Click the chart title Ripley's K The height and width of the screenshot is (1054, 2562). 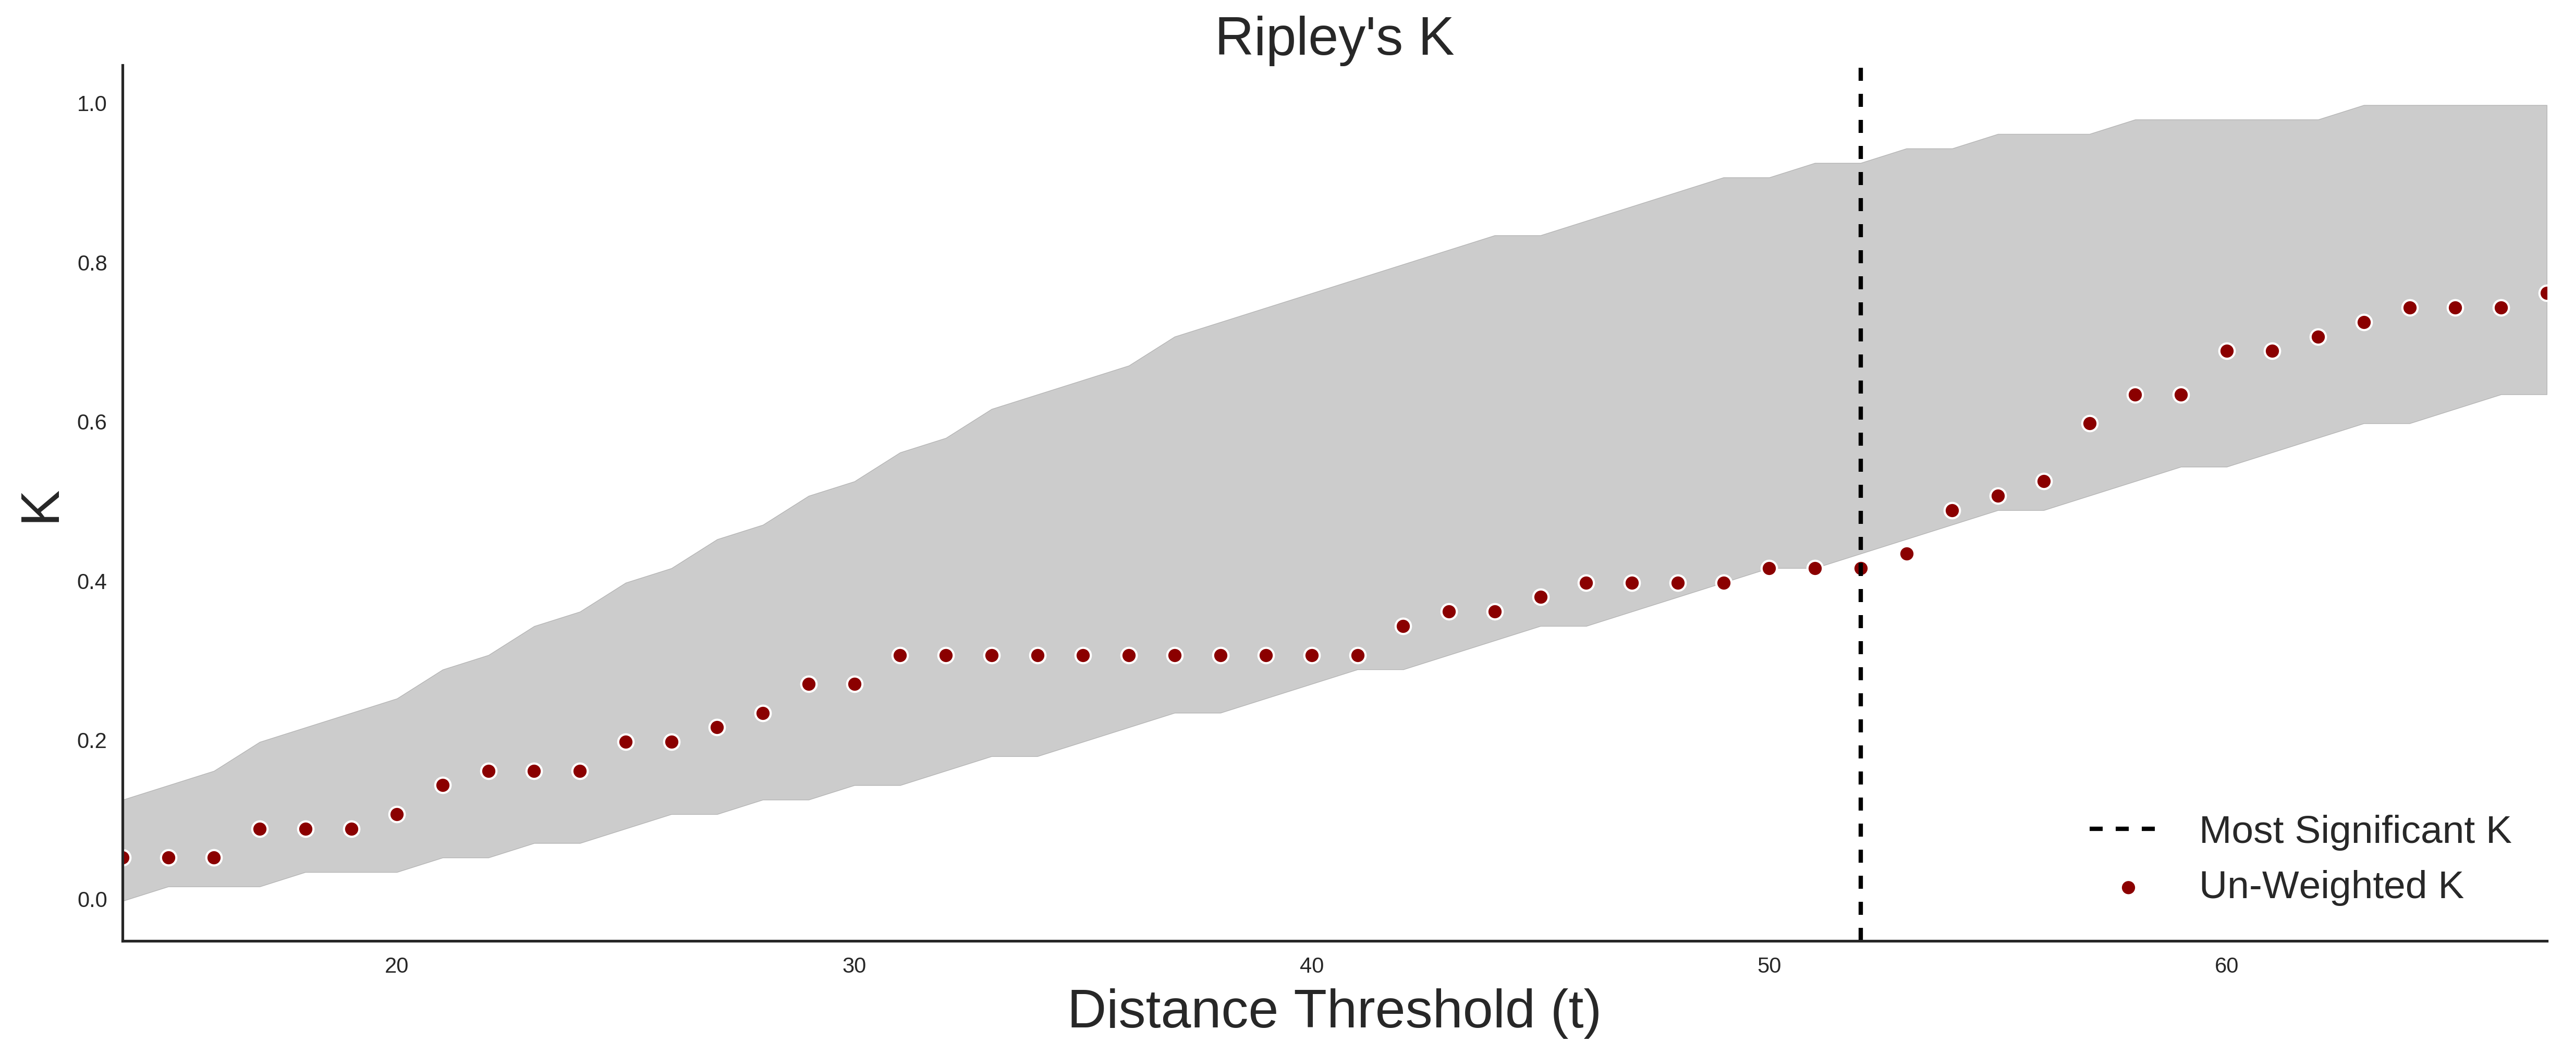(x=1334, y=38)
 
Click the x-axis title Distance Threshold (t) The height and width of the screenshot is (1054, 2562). (x=1334, y=1009)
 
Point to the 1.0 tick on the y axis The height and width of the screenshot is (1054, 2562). (x=92, y=104)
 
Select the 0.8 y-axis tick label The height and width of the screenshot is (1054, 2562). (x=92, y=264)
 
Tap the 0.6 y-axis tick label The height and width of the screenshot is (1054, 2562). (x=92, y=423)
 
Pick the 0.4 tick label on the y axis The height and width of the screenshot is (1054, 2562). (x=92, y=582)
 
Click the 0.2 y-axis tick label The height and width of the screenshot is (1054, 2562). (x=92, y=741)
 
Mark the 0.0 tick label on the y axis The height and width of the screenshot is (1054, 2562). (x=92, y=900)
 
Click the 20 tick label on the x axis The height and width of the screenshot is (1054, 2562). (x=397, y=965)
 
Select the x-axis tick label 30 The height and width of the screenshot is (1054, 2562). (x=855, y=965)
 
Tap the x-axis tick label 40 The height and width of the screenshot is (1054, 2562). (x=1312, y=965)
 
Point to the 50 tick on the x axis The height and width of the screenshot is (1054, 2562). (x=1770, y=965)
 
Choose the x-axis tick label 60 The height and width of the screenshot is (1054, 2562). (x=2227, y=965)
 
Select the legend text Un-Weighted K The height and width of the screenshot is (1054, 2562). (x=2331, y=885)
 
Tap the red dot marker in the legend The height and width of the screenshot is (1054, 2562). (x=2127, y=888)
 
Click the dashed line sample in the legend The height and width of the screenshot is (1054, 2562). (x=2122, y=828)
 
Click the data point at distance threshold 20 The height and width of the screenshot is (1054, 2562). (x=397, y=814)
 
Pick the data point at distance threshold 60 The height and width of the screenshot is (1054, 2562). (x=2227, y=351)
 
